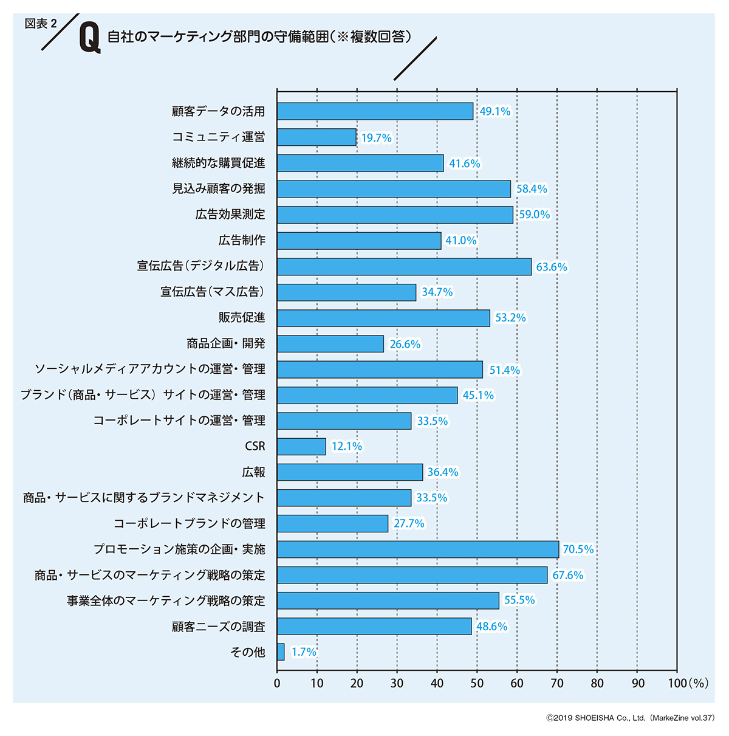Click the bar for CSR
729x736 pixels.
[x=301, y=447]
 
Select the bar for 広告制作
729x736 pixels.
[x=359, y=241]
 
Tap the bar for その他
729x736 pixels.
[x=281, y=652]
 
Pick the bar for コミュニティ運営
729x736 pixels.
[x=317, y=137]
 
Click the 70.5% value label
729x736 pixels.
[x=578, y=549]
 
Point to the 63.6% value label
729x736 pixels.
[x=551, y=267]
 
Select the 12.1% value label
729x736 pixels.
[x=346, y=447]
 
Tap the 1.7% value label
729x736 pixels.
[x=304, y=652]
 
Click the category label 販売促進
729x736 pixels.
[x=242, y=318]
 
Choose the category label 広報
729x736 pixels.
[x=253, y=472]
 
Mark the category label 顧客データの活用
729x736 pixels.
[x=219, y=112]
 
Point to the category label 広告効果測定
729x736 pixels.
[x=230, y=215]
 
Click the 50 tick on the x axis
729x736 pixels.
[x=477, y=683]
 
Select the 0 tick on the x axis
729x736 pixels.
[x=277, y=683]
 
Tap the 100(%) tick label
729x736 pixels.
[x=688, y=683]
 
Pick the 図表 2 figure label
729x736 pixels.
[x=41, y=24]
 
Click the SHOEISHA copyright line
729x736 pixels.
[x=630, y=718]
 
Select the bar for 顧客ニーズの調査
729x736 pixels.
[x=374, y=627]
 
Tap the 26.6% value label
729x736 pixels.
[x=405, y=344]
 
